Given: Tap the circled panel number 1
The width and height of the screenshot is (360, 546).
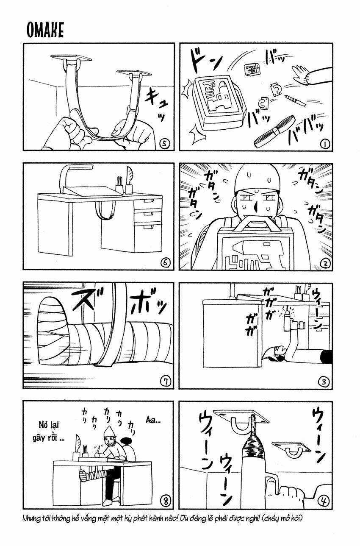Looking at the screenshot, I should point(325,145).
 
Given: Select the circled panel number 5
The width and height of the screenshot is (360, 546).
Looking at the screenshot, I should point(165,145).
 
